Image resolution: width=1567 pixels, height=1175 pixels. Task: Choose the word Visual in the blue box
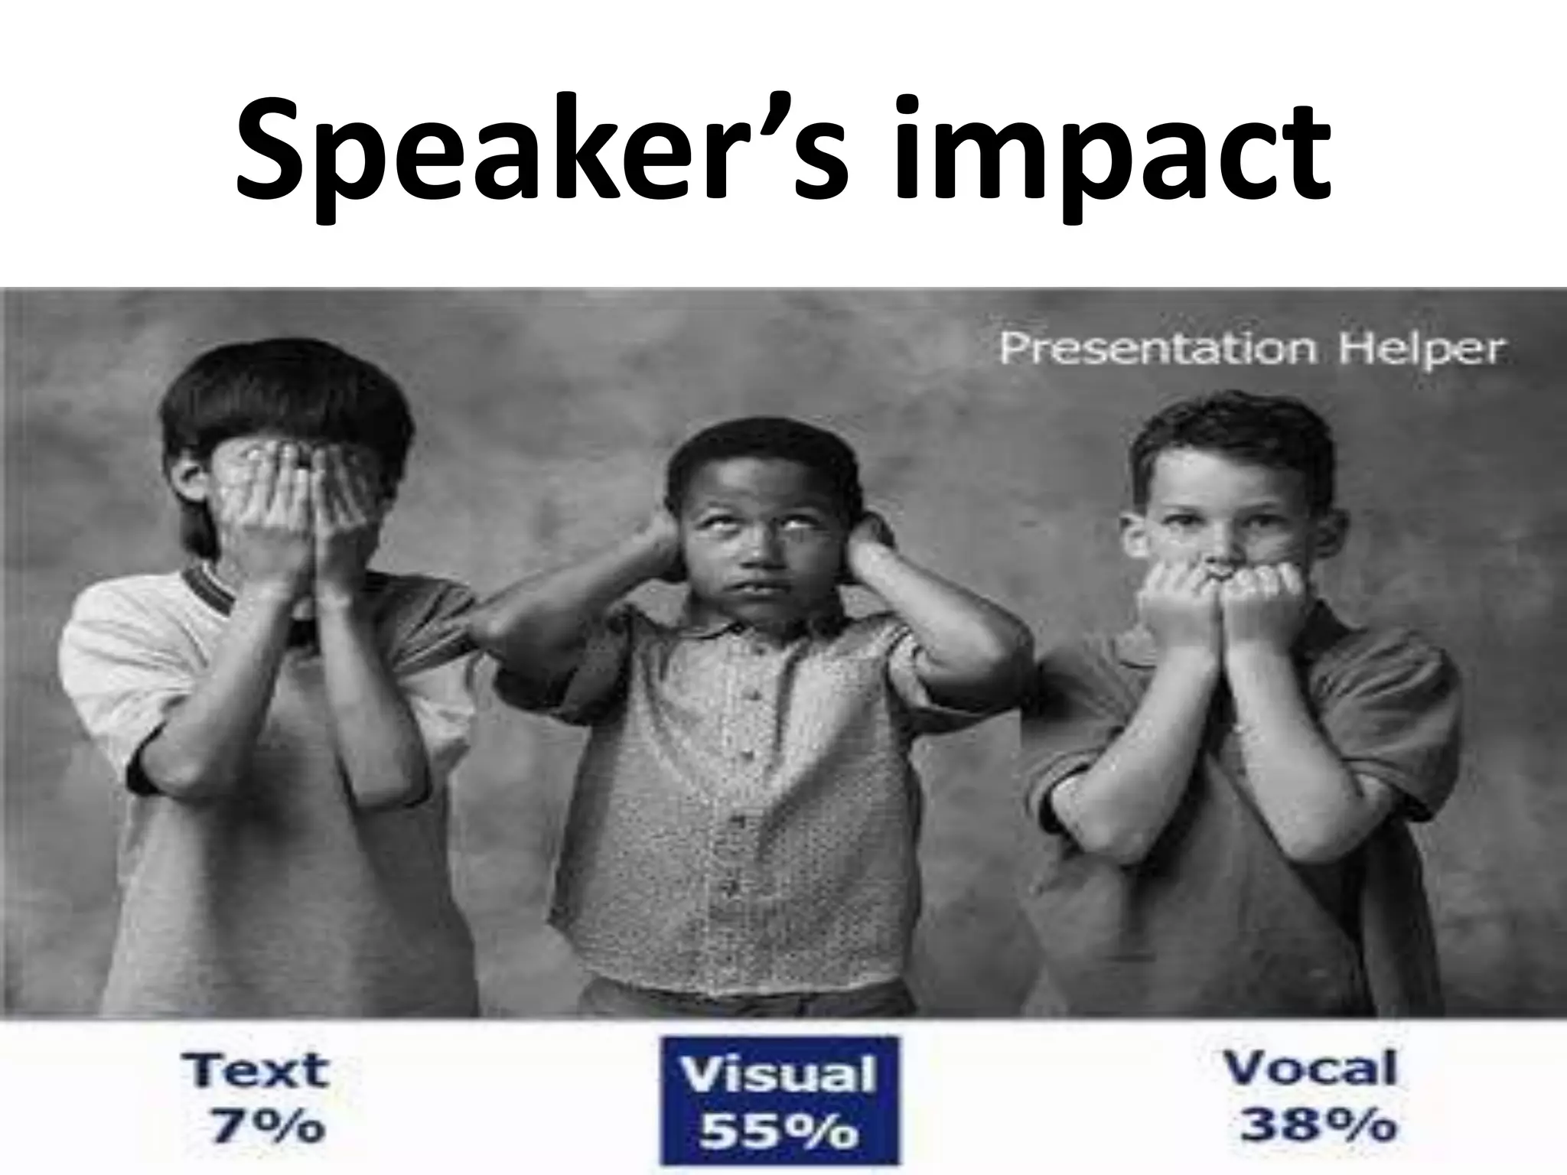(x=778, y=1076)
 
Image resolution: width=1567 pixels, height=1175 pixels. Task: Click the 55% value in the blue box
(x=779, y=1131)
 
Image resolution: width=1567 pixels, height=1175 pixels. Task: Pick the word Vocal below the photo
(x=1310, y=1068)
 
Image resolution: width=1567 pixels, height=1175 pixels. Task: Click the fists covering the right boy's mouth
(x=1217, y=604)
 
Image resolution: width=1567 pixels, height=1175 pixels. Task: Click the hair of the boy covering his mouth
(x=1232, y=444)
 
